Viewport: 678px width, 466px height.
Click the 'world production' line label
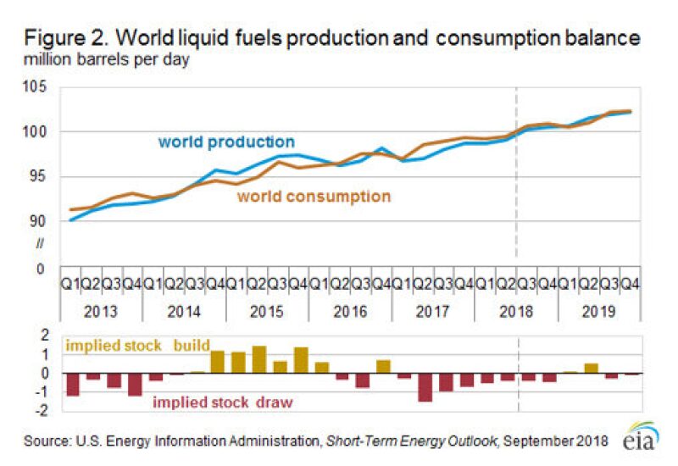tap(226, 142)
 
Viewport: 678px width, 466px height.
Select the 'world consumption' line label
tap(314, 197)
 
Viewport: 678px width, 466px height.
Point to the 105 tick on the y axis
tap(42, 87)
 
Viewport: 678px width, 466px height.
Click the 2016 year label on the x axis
tap(351, 311)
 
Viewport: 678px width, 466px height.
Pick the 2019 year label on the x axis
tap(600, 311)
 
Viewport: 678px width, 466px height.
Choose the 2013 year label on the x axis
tap(101, 311)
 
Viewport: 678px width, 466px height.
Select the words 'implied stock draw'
tap(223, 402)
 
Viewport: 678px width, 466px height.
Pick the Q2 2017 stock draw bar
tap(425, 387)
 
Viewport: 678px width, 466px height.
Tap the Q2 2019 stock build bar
tap(591, 369)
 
